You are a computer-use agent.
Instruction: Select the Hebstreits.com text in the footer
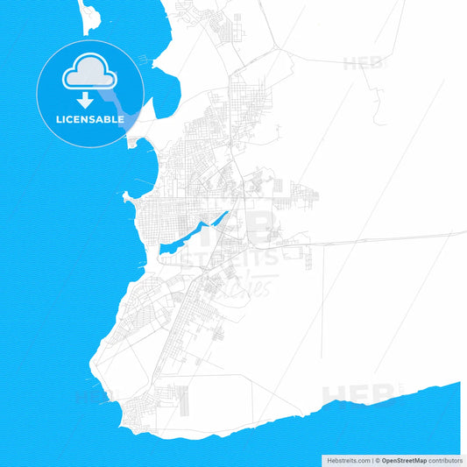coord(346,459)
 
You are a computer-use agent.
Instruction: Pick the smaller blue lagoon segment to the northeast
coord(220,219)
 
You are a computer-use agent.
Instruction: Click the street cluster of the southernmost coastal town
coord(140,412)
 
